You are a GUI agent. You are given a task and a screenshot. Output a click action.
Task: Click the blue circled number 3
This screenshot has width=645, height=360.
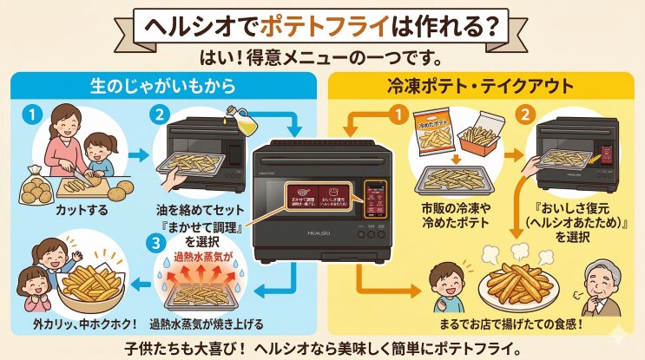(157, 244)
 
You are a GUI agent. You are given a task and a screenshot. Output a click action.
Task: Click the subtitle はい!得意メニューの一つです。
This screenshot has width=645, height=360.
(322, 59)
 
